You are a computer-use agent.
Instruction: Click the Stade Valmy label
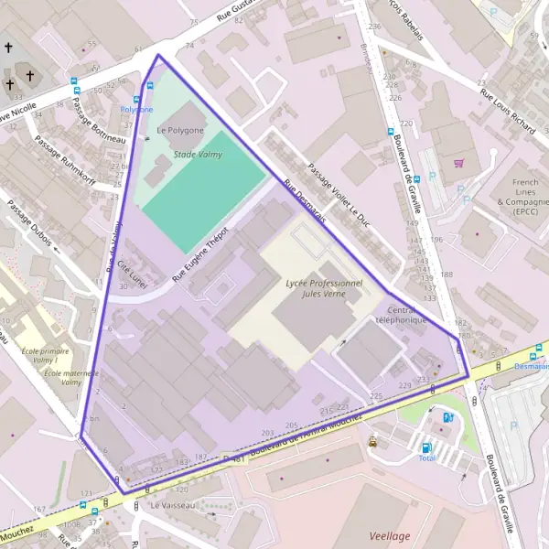click(x=198, y=156)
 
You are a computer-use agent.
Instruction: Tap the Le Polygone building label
click(x=181, y=130)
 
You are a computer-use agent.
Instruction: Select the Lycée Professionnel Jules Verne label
click(x=325, y=289)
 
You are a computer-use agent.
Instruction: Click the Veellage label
click(x=391, y=535)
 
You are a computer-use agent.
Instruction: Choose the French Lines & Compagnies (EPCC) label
click(x=524, y=195)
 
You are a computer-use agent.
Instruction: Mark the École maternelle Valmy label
click(x=58, y=377)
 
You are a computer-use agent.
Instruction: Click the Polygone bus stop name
click(x=136, y=109)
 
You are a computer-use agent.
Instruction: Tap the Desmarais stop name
click(x=530, y=366)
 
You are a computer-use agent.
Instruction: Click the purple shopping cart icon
click(x=458, y=164)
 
